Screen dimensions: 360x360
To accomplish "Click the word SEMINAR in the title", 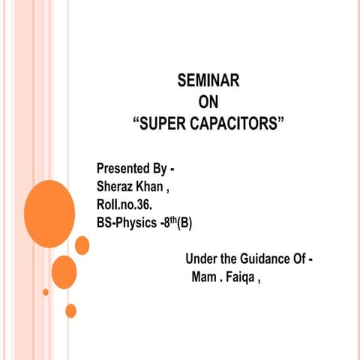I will tap(208, 81).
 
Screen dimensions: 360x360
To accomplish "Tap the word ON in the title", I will tap(208, 102).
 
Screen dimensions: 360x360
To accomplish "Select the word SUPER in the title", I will tap(163, 123).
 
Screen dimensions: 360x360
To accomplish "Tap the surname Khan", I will tap(156, 185).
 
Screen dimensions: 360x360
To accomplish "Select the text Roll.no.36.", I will tap(125, 204).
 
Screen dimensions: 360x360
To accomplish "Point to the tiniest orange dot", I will tap(46, 292).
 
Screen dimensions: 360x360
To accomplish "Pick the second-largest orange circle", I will tap(64, 271).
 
